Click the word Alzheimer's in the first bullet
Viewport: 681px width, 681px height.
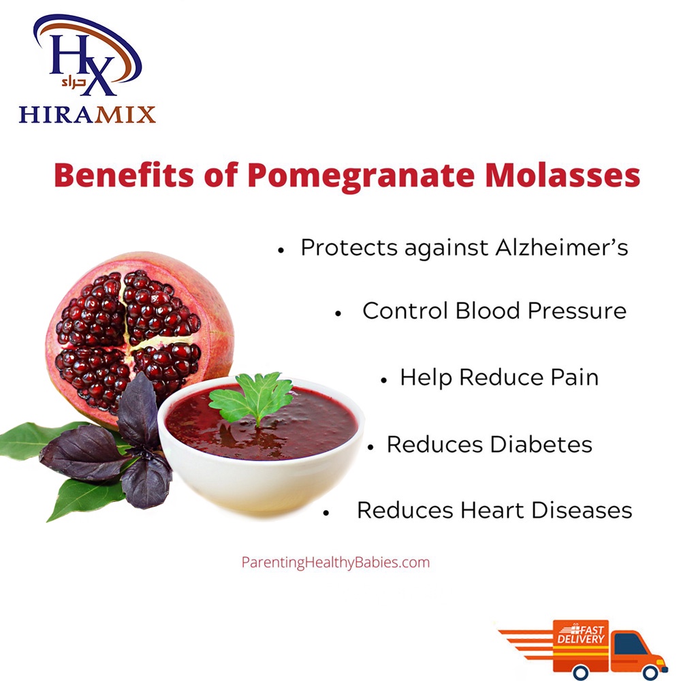(562, 247)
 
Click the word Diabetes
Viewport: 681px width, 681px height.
(541, 444)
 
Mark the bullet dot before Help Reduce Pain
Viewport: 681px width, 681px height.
(383, 381)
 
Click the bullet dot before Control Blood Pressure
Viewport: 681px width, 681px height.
(338, 313)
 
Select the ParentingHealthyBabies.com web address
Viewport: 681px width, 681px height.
(335, 563)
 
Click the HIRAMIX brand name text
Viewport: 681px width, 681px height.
(87, 114)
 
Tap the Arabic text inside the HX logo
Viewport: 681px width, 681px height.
(74, 82)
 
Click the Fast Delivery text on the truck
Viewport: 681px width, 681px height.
(581, 634)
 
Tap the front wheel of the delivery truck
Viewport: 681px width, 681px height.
(650, 672)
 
